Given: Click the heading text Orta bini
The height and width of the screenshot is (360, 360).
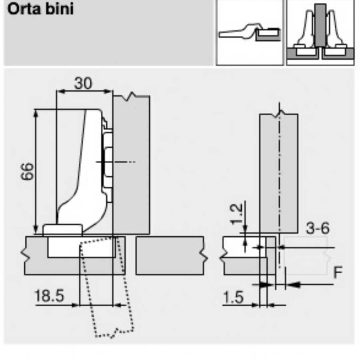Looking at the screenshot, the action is pyautogui.click(x=40, y=9).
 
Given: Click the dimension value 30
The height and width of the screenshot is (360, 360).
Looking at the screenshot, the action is pyautogui.click(x=83, y=83).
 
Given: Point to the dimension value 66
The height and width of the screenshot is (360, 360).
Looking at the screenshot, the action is pyautogui.click(x=27, y=171).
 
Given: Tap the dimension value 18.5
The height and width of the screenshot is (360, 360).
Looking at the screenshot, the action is pyautogui.click(x=49, y=296).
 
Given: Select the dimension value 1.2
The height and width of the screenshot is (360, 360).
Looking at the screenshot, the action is pyautogui.click(x=236, y=214).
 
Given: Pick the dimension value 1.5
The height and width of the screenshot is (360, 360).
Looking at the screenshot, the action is pyautogui.click(x=233, y=298).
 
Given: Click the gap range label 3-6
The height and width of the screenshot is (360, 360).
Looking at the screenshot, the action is pyautogui.click(x=318, y=228).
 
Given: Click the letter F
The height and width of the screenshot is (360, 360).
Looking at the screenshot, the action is pyautogui.click(x=338, y=272).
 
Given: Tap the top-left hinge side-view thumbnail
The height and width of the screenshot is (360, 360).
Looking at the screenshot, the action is pyautogui.click(x=250, y=32).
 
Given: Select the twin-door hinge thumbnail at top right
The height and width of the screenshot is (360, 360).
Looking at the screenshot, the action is pyautogui.click(x=320, y=32).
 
